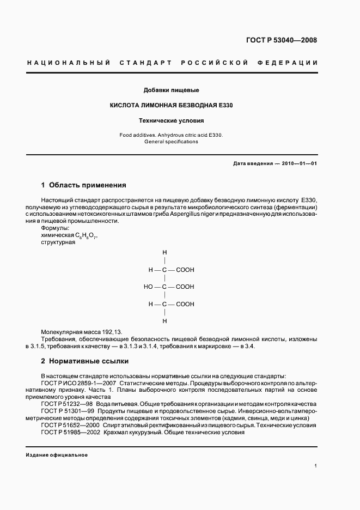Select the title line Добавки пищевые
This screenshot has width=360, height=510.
(172, 89)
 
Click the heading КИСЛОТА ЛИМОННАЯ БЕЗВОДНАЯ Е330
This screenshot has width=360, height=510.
(172, 105)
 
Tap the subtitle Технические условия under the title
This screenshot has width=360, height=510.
(172, 120)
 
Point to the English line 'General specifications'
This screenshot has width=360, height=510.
(171, 142)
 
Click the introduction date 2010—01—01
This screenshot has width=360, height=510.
(298, 163)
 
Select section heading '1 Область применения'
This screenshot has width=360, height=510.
(84, 185)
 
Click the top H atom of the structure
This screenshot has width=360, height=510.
(164, 253)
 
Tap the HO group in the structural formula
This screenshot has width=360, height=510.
(148, 287)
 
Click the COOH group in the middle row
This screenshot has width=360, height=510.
(185, 287)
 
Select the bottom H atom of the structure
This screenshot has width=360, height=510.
(164, 321)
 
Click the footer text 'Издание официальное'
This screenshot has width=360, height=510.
(57, 455)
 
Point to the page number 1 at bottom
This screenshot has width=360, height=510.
(315, 466)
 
